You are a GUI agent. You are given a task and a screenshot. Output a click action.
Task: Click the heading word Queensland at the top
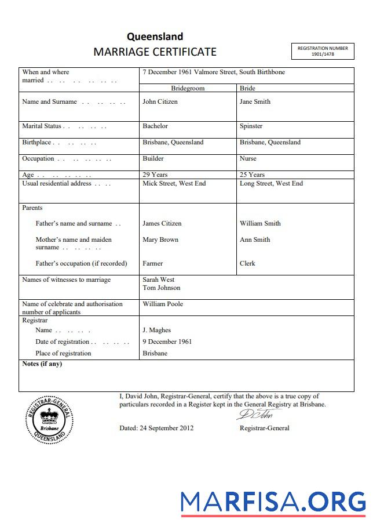(155, 37)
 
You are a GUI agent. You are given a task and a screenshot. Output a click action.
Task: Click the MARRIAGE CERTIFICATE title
(155, 52)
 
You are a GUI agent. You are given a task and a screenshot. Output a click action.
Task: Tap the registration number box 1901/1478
(323, 51)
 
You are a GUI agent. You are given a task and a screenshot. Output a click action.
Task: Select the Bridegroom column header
(188, 88)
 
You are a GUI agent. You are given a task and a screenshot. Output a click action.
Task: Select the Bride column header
(247, 88)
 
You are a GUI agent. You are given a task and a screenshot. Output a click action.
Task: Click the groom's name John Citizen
(160, 101)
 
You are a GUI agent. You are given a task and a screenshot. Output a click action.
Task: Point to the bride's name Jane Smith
(255, 101)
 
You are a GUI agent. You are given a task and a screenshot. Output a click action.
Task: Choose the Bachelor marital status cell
(155, 126)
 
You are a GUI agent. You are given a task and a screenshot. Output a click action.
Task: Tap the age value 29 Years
(155, 175)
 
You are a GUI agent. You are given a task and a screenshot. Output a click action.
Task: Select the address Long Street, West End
(271, 183)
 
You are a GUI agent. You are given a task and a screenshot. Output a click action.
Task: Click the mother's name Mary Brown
(160, 239)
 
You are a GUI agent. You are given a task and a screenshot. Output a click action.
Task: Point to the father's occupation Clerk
(247, 263)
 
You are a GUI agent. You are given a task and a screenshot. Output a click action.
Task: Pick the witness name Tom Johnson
(161, 288)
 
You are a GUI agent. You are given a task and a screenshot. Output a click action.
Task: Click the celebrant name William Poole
(163, 304)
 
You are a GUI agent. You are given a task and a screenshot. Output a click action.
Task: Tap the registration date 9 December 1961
(167, 342)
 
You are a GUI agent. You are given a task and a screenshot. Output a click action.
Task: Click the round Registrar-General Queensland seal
(49, 420)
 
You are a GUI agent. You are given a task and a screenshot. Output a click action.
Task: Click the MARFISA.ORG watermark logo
(273, 502)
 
